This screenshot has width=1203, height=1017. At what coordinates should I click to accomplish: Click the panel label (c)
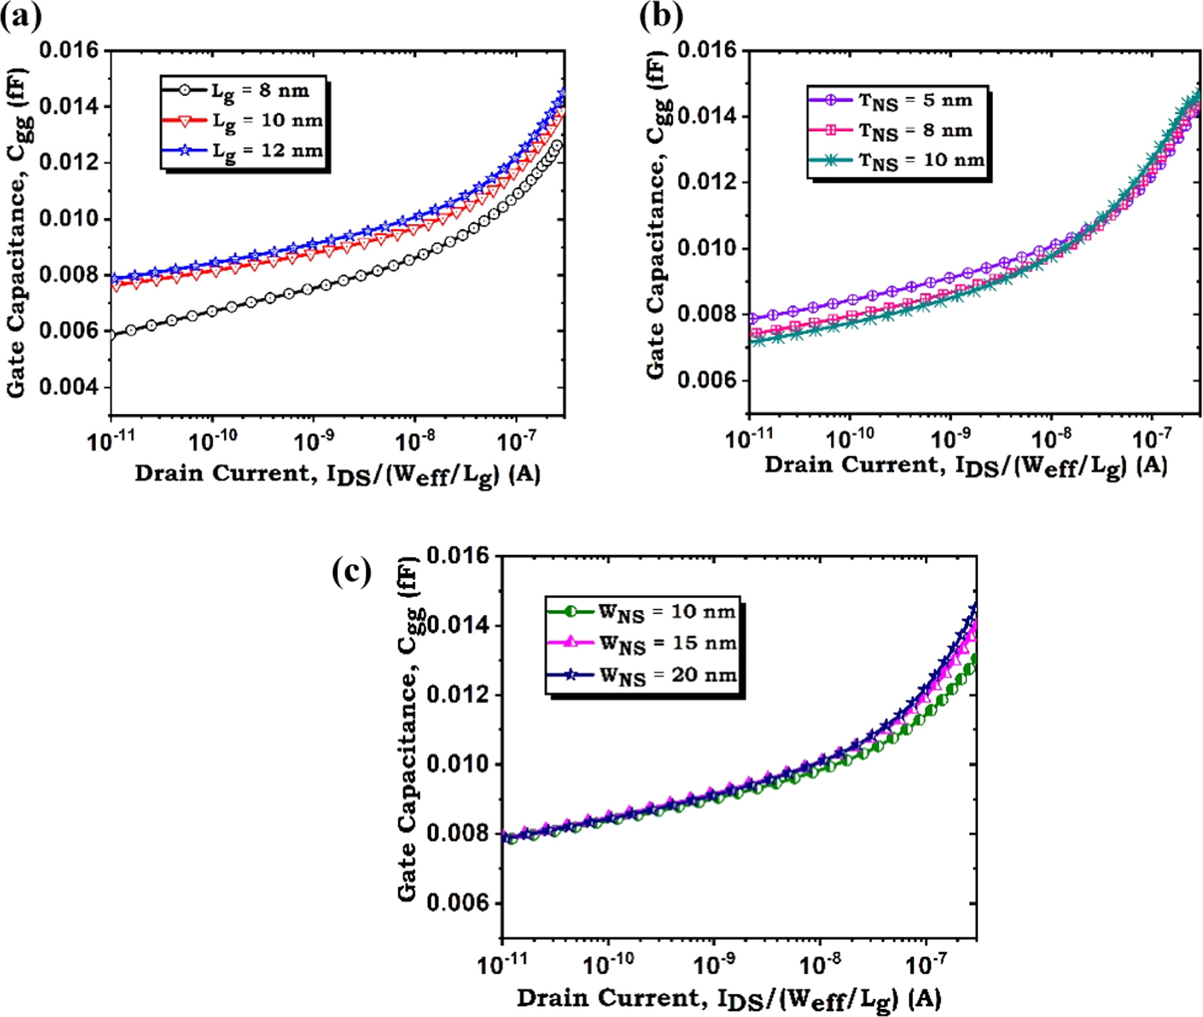click(x=352, y=571)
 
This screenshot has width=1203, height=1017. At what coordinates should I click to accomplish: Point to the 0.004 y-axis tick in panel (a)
click(x=68, y=387)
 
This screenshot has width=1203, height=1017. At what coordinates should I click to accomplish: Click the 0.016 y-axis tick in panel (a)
click(x=68, y=50)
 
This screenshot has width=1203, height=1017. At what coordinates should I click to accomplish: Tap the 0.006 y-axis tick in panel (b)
click(x=706, y=380)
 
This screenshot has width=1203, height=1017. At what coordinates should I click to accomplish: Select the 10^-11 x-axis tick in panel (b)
click(x=749, y=438)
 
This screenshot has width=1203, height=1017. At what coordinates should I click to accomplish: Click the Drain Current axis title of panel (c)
click(x=728, y=998)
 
